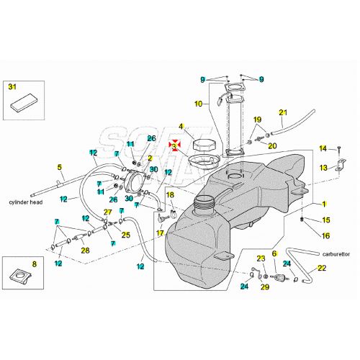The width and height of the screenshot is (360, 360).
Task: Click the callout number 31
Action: click(x=12, y=86)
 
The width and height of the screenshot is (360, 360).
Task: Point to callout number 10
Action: click(x=198, y=104)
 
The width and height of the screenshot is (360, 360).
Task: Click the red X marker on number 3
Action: click(x=174, y=145)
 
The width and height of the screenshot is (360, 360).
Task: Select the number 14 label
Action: click(x=323, y=148)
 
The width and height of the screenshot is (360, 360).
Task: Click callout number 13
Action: click(x=324, y=168)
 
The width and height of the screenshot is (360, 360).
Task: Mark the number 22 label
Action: click(x=321, y=269)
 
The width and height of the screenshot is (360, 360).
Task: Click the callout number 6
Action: click(x=274, y=253)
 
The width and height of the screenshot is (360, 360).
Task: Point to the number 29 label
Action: click(x=264, y=287)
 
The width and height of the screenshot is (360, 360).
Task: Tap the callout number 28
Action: click(x=85, y=250)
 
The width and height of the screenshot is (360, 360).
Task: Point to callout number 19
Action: click(x=257, y=119)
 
